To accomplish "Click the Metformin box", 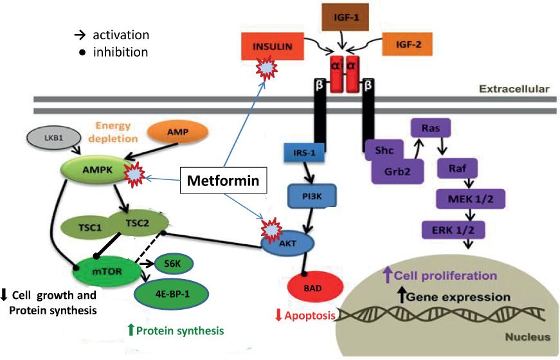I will (223, 181).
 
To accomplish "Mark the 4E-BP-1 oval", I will (169, 294).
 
